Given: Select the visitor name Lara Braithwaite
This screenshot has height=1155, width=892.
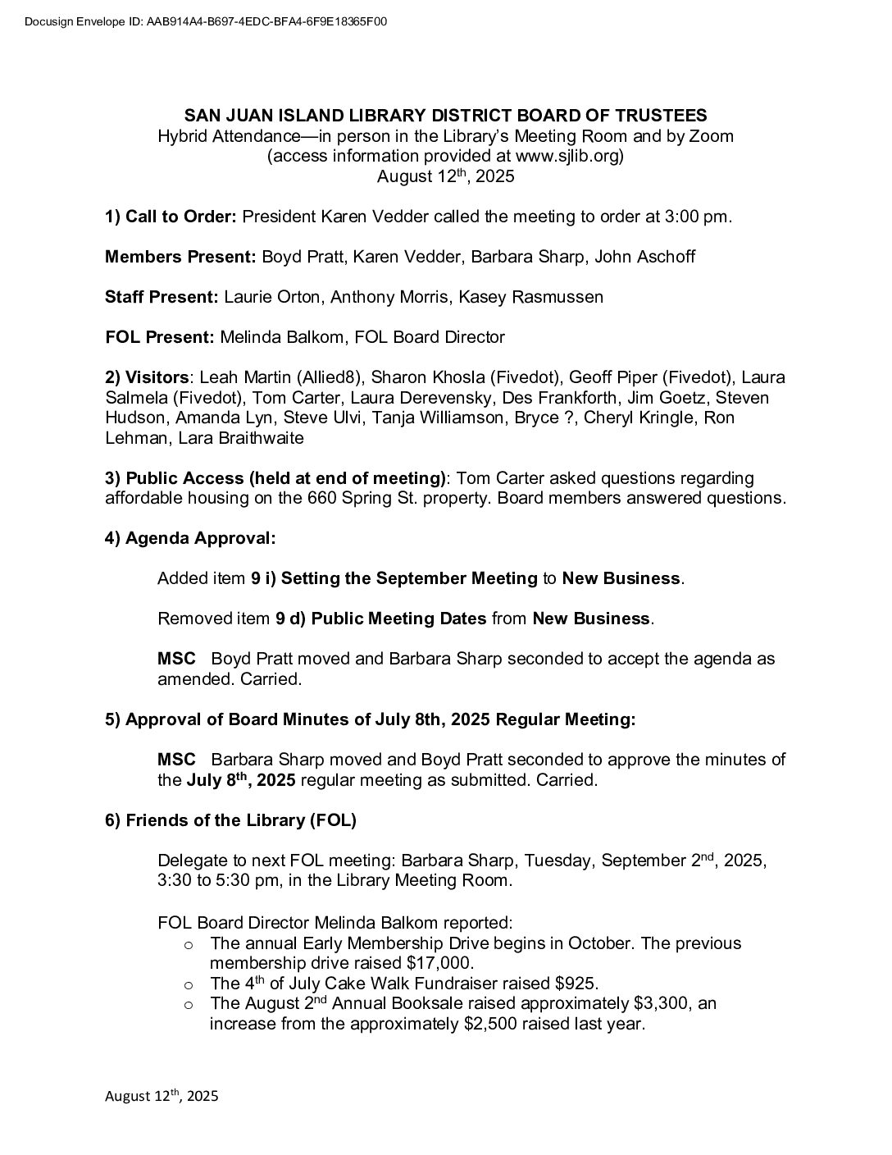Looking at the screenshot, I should [x=262, y=438].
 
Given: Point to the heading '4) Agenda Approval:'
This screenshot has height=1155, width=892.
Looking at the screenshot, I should [x=190, y=538].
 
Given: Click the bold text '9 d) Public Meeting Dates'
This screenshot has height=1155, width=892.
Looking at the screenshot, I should [x=380, y=619].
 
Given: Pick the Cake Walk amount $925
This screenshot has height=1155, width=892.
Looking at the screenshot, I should [x=576, y=983].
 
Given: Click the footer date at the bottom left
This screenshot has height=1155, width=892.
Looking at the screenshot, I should [x=162, y=1096].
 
